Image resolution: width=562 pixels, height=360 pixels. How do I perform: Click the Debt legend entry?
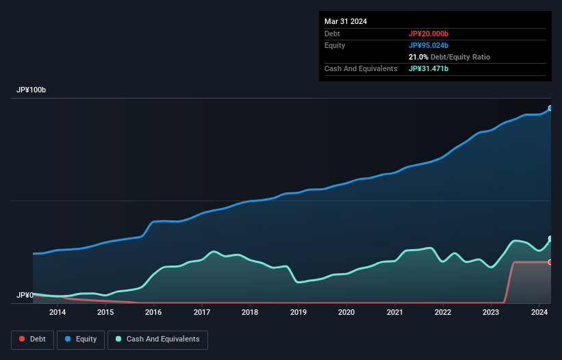(31, 339)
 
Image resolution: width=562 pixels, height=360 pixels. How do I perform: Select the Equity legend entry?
(81, 339)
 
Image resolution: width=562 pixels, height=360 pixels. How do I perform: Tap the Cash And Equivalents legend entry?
(157, 339)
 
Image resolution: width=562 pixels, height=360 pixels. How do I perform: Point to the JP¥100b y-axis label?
(31, 90)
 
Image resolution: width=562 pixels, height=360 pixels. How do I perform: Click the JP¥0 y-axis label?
(25, 295)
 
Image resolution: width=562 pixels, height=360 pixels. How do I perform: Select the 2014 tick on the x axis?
(58, 313)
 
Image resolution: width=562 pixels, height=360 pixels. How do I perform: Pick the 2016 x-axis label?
(154, 313)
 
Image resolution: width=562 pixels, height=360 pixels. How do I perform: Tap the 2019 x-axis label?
(298, 313)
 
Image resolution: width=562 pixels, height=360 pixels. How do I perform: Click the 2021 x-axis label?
(394, 313)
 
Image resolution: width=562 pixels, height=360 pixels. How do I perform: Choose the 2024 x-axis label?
(539, 313)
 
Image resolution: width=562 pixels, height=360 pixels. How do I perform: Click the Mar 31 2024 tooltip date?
(346, 21)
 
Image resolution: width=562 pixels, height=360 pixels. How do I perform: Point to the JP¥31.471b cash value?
(429, 68)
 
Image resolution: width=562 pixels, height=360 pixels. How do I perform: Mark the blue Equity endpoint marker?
(550, 108)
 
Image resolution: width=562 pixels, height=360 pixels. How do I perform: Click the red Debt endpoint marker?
(550, 262)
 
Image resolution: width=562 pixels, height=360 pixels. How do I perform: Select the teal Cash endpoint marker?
(550, 239)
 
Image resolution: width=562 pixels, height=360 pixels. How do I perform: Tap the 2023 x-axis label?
(491, 313)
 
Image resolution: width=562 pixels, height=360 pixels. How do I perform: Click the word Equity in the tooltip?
(335, 45)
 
